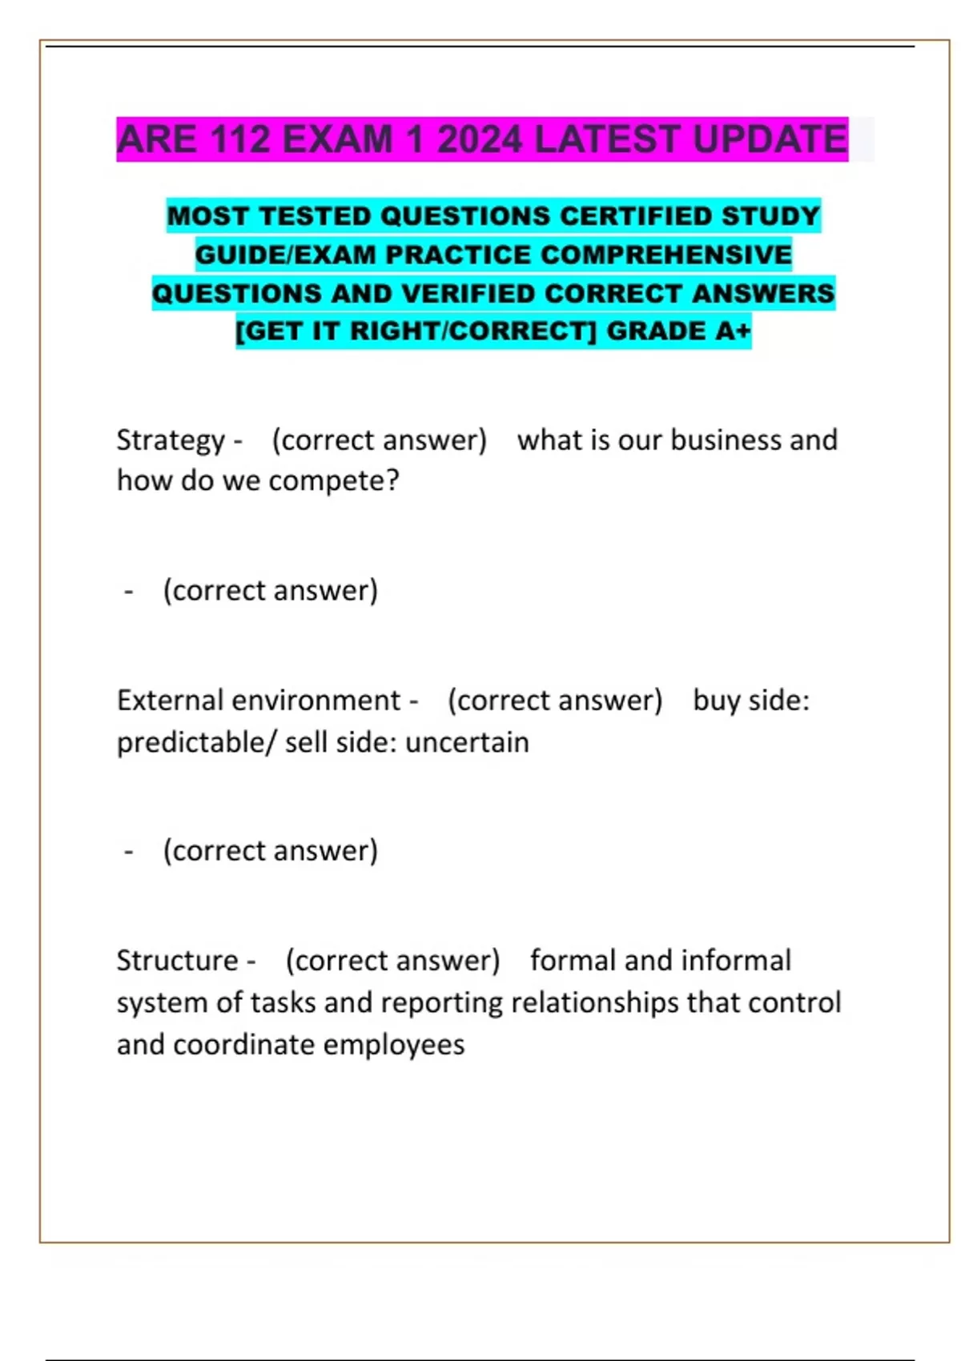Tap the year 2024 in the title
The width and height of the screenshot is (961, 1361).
coord(479,139)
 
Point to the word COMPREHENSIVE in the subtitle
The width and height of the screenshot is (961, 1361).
coord(666,255)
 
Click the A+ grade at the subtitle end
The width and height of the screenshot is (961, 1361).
coord(732,331)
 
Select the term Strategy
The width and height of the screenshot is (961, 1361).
coord(171,440)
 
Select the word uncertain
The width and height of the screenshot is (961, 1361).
coord(467,742)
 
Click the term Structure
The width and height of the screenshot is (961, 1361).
coord(177,961)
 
